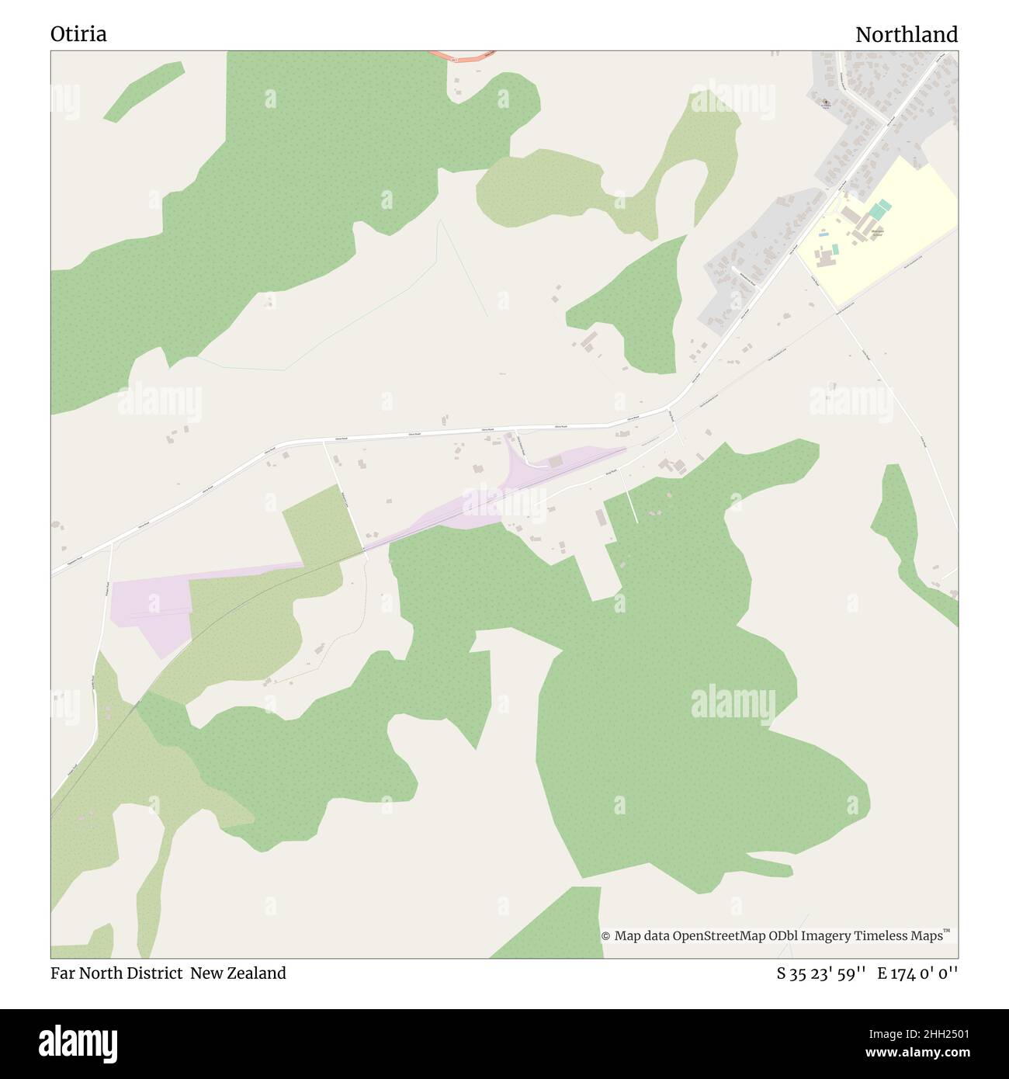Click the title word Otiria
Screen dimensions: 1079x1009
pyautogui.click(x=79, y=34)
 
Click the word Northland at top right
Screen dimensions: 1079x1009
pyautogui.click(x=907, y=34)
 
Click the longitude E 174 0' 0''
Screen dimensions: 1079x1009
pyautogui.click(x=918, y=973)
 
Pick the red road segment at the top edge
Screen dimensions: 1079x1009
pyautogui.click(x=463, y=56)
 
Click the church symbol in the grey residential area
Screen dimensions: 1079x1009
pyautogui.click(x=825, y=102)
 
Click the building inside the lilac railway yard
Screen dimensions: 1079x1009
pyautogui.click(x=555, y=462)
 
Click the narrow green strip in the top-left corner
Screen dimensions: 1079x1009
pyautogui.click(x=144, y=91)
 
